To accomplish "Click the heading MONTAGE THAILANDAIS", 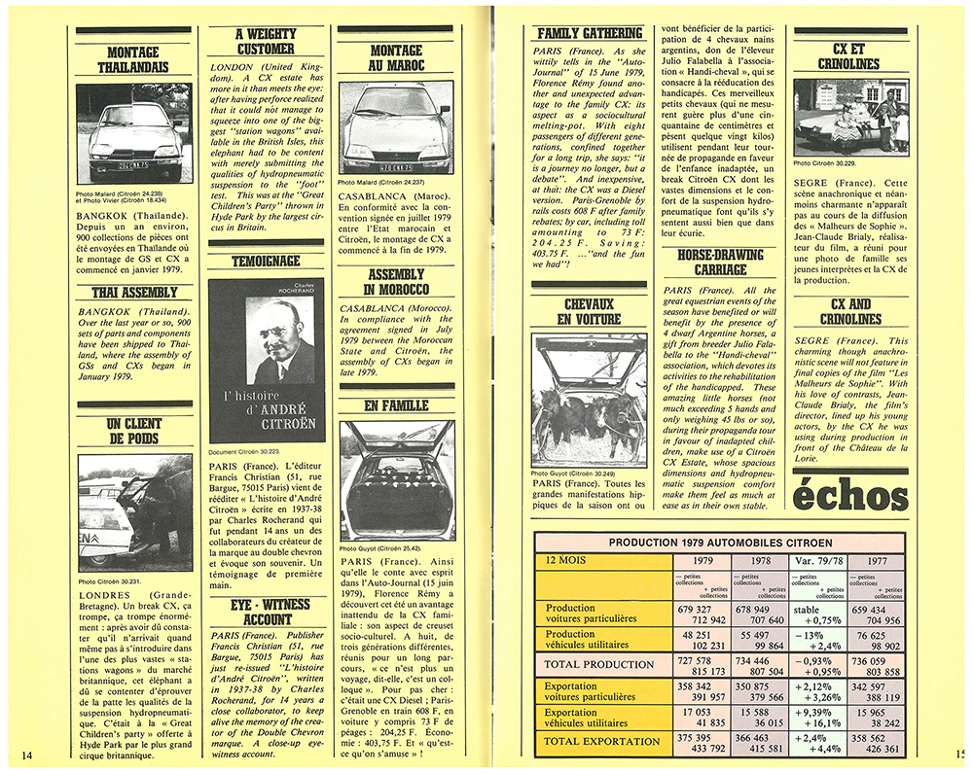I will [133, 59].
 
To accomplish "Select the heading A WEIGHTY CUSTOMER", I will [265, 41].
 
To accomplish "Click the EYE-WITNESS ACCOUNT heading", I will [267, 612].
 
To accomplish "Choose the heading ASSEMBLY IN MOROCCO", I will [396, 282].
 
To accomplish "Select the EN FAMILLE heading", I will [396, 405].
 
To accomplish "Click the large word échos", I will [850, 496].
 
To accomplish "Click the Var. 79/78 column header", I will [815, 560].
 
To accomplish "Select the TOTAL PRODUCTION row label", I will [599, 664].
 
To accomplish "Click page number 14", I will [26, 755].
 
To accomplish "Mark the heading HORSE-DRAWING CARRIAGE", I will [720, 262].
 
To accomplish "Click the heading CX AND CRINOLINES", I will [850, 311].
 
